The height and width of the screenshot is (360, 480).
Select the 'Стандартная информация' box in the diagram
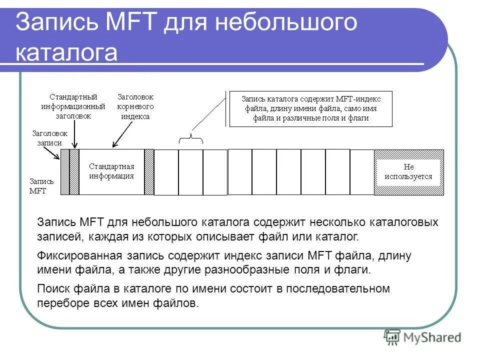point(111,171)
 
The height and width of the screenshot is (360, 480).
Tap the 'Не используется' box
point(408,172)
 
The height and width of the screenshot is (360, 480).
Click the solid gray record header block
point(64,172)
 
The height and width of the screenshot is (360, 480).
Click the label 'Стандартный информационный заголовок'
point(73,106)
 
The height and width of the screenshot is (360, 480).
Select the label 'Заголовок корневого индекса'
point(135,106)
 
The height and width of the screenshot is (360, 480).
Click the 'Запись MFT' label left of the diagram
point(41,186)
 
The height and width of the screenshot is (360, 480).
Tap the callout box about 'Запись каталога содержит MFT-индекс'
point(310,108)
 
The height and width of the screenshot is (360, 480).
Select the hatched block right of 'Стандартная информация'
point(149,172)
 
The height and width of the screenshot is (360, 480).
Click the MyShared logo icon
point(392,337)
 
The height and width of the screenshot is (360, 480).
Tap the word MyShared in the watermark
point(431,338)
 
